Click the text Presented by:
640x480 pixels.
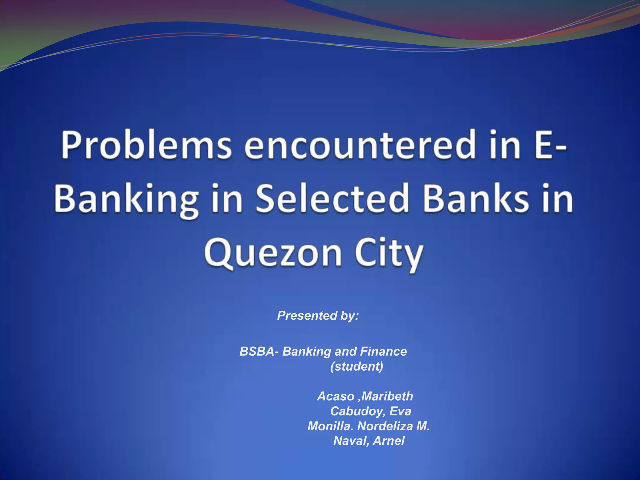[x=318, y=316]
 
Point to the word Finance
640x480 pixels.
[x=383, y=352]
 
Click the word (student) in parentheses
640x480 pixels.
[x=357, y=366]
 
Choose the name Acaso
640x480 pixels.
[x=335, y=396]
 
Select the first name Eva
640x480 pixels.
[x=400, y=411]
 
